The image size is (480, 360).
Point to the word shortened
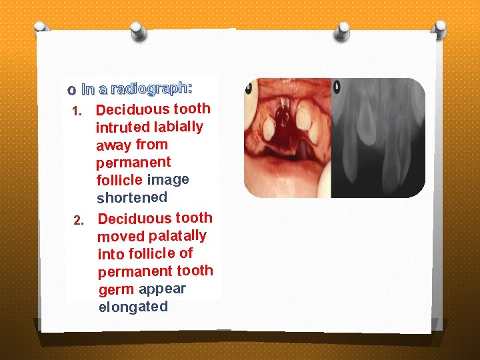click(x=132, y=197)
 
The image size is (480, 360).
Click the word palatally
click(x=177, y=235)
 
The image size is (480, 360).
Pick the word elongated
click(x=133, y=307)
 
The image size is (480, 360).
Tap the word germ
click(x=116, y=290)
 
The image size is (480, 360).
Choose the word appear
click(x=162, y=289)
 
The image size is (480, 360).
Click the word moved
click(x=121, y=236)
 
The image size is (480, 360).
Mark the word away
click(x=113, y=145)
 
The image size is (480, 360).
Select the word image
click(x=168, y=179)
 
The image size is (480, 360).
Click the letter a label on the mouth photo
click(x=248, y=86)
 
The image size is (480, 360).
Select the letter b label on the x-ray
click(x=336, y=86)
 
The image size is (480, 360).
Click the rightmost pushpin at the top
click(x=441, y=28)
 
